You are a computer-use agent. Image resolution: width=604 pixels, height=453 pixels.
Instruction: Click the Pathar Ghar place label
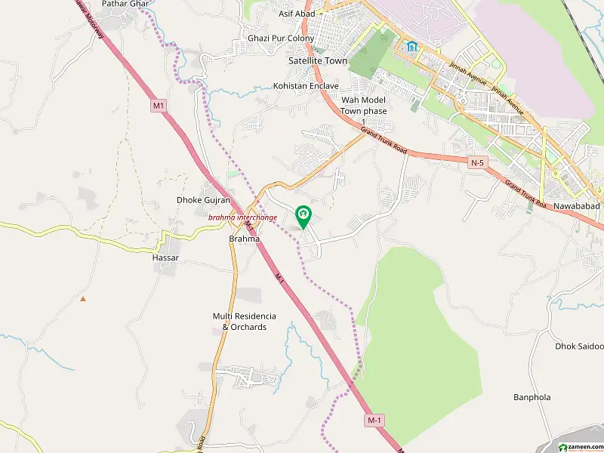coord(125,4)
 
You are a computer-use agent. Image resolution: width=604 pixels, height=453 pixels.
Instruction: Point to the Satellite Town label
coord(318,60)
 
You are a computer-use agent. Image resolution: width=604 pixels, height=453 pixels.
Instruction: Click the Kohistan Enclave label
coord(307,86)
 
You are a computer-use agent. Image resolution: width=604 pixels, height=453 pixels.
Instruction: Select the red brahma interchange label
coord(243,217)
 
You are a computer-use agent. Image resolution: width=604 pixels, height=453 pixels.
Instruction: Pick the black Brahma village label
coord(244,239)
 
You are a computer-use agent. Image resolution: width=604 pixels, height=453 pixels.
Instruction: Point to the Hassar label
coord(165,257)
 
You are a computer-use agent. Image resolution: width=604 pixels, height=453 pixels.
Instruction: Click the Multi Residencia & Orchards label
coord(244,321)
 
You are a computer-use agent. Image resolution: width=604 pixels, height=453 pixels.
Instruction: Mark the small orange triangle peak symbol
coord(83,298)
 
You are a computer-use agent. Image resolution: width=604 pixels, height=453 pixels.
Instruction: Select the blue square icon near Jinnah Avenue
coord(411,47)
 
